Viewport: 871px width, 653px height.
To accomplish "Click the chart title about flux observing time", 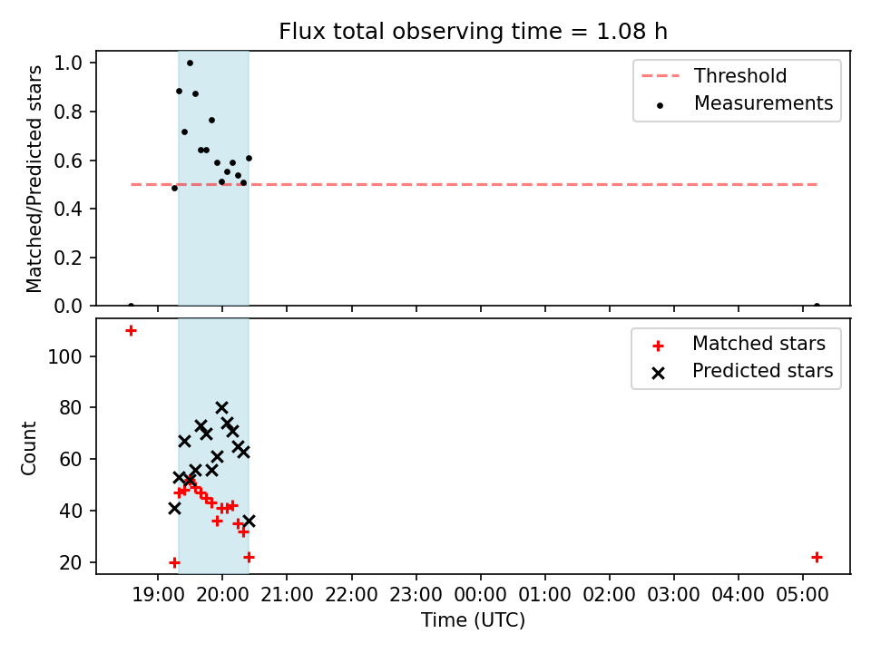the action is coord(473,32).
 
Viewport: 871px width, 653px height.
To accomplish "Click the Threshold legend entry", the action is coord(714,75).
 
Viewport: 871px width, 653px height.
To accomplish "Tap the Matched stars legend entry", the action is coord(739,344).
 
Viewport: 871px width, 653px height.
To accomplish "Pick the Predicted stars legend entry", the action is coord(742,371).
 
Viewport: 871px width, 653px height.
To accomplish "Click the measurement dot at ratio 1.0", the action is coord(190,63).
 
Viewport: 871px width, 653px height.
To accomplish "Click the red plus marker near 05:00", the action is coord(817,557).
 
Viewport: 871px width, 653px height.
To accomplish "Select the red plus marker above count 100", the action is coord(131,331).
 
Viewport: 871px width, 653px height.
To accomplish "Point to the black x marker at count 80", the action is coord(221,408).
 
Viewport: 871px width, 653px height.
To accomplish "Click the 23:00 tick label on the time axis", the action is coord(416,595).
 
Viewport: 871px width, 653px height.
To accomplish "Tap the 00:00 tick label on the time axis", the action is coord(481,595).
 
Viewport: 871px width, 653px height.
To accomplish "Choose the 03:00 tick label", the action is coord(674,595).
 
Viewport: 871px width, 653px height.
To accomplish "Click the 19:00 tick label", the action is coord(158,595).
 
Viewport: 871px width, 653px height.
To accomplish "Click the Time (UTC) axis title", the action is coord(473,620).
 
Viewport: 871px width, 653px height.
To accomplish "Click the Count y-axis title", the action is coord(29,449).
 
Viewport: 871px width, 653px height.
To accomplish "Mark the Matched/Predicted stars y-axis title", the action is coord(34,179).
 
